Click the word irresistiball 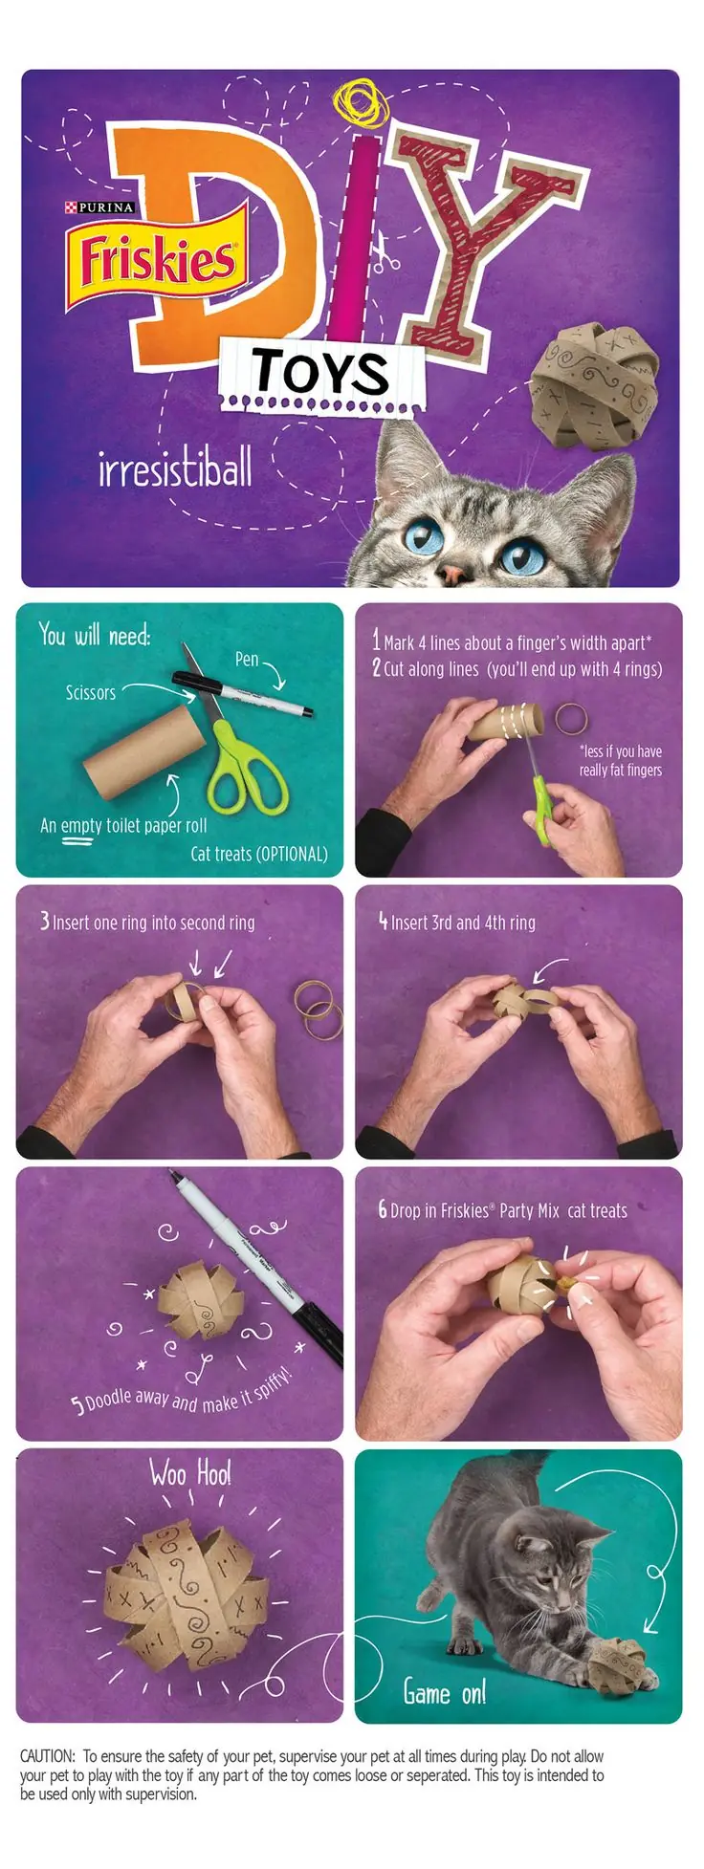tap(176, 468)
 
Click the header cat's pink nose tap(452, 574)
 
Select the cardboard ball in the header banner tap(594, 382)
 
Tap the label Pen tap(247, 659)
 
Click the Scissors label tap(91, 692)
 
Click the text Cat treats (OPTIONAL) tap(259, 854)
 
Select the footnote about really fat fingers tap(620, 760)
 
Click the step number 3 tap(45, 921)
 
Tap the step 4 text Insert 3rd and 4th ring tap(463, 923)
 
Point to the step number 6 tap(383, 1209)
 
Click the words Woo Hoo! tap(190, 1473)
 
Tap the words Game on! tap(445, 1692)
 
